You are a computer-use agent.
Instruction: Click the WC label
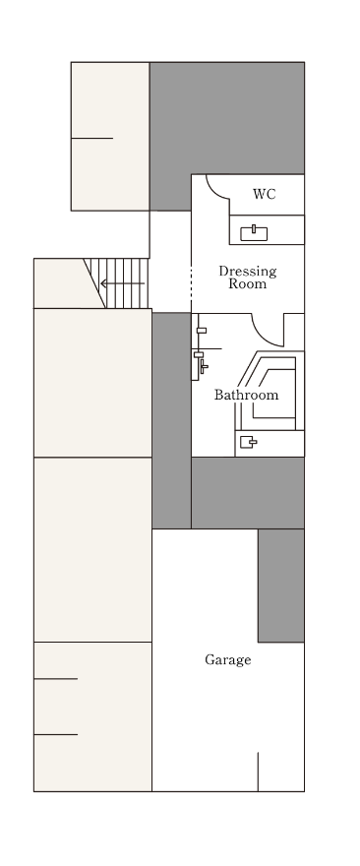click(x=264, y=195)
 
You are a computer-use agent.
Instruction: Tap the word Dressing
click(x=247, y=272)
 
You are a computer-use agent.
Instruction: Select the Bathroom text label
click(x=246, y=395)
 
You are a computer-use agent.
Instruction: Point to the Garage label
click(x=228, y=659)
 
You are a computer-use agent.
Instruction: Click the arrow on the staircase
click(x=123, y=283)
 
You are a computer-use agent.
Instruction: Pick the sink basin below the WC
click(x=254, y=233)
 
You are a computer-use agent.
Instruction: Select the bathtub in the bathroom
click(x=270, y=391)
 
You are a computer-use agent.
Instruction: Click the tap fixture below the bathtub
click(x=249, y=442)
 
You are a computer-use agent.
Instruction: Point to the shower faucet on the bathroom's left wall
click(x=204, y=366)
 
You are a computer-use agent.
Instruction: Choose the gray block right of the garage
click(x=281, y=586)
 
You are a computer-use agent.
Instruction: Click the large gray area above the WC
click(x=227, y=118)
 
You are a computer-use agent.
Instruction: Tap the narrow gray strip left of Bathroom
click(x=172, y=421)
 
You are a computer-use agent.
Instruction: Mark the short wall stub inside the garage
click(x=258, y=772)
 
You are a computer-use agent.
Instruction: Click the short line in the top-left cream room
click(x=92, y=138)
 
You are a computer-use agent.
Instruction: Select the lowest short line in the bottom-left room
click(x=56, y=734)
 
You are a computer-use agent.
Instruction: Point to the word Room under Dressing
click(x=247, y=283)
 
